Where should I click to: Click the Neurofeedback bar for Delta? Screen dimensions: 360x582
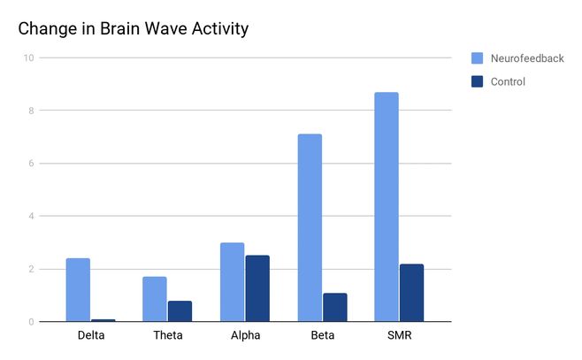pos(78,289)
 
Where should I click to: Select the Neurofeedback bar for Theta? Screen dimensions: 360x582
pos(155,299)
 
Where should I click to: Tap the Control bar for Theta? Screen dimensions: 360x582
pos(180,310)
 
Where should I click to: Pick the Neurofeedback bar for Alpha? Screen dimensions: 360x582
pos(232,281)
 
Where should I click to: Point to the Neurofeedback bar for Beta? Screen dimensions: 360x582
pos(310,227)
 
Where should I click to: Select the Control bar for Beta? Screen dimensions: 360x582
pos(334,307)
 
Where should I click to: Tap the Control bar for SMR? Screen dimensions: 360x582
pos(411,292)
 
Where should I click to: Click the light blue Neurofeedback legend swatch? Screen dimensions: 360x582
pos(477,58)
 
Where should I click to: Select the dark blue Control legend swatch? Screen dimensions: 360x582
pos(477,81)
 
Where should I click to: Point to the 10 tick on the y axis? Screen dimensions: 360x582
pos(28,58)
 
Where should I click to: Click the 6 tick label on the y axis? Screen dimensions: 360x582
pos(31,164)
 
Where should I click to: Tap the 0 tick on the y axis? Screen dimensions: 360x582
pos(31,322)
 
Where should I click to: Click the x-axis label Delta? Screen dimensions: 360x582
pos(90,336)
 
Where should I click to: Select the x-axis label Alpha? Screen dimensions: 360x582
pos(245,336)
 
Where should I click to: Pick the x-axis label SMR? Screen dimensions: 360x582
pos(399,336)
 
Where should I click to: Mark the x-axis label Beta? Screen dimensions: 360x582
pos(322,336)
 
